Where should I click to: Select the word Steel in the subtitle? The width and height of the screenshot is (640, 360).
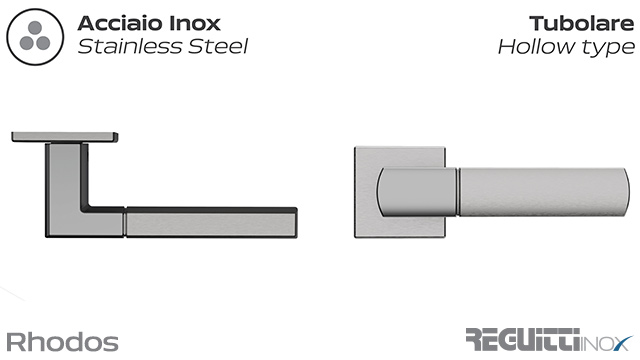[x=211, y=46]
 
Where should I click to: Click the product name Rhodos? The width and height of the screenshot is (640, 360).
[x=62, y=342]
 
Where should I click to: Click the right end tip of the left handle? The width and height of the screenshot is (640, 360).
[x=295, y=222]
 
